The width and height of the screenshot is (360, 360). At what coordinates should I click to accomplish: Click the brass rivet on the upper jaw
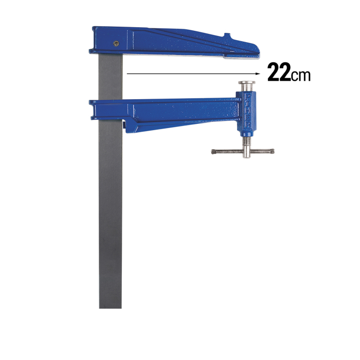click(116, 43)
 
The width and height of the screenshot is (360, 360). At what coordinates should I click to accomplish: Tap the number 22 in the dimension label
click(279, 72)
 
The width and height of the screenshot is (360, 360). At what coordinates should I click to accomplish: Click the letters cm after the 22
click(300, 76)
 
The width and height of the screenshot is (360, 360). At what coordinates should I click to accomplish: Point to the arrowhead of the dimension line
click(258, 74)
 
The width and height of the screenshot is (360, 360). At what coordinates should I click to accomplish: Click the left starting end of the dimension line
click(127, 74)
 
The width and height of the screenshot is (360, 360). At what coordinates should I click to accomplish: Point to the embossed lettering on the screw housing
click(248, 111)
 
